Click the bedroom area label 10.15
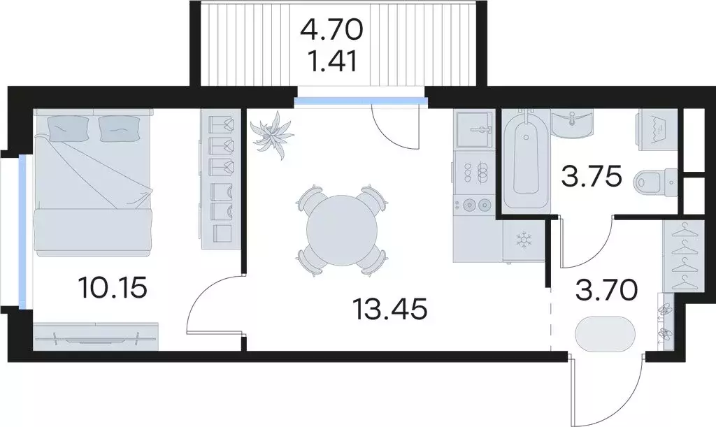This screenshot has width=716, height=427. click(x=113, y=287)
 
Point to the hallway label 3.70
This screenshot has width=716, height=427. click(x=606, y=290)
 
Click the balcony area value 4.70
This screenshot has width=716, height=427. click(x=331, y=30)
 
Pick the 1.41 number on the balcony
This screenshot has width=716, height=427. click(x=332, y=61)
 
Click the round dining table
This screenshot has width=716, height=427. click(x=342, y=231)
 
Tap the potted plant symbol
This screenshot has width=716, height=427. click(x=272, y=135)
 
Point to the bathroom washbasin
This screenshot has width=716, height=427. click(x=573, y=122)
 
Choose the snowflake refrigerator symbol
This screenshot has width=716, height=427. click(x=524, y=240)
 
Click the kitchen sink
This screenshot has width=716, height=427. click(x=475, y=129)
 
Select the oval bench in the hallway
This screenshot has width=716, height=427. click(x=605, y=334)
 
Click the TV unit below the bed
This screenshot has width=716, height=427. click(x=96, y=337)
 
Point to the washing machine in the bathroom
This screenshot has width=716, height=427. click(x=657, y=130)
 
